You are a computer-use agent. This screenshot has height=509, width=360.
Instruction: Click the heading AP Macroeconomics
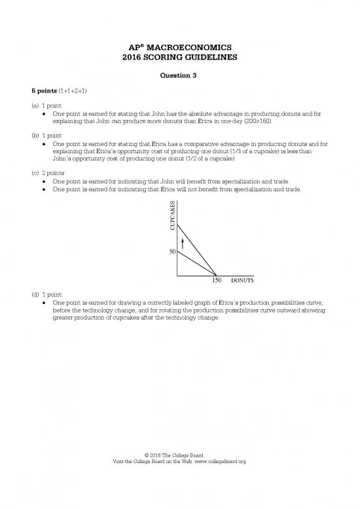179,47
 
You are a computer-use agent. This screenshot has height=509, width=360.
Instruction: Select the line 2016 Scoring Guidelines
179,57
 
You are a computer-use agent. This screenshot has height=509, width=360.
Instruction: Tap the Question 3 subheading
179,75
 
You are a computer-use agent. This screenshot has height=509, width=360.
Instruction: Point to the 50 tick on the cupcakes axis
172,252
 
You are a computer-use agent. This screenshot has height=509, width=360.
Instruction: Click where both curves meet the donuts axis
217,274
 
